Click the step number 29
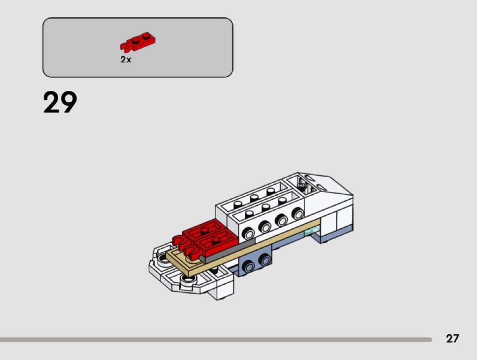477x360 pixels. [x=60, y=102]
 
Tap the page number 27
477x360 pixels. [x=452, y=338]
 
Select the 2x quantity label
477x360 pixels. [x=126, y=59]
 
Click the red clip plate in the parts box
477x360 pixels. [x=138, y=42]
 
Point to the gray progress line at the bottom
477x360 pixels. [x=216, y=339]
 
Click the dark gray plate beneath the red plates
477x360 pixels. [x=228, y=250]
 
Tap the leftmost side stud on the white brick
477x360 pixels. [x=249, y=233]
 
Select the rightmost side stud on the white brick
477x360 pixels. [x=298, y=213]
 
